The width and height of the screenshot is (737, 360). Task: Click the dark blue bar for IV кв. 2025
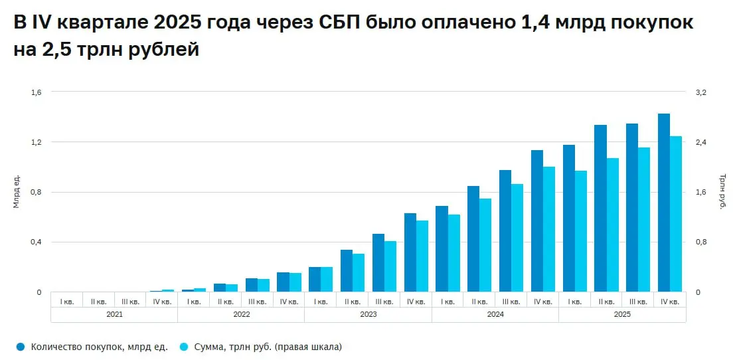click(x=664, y=203)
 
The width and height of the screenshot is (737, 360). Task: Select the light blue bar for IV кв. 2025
click(x=676, y=214)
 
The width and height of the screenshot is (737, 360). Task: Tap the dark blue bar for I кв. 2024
click(x=442, y=249)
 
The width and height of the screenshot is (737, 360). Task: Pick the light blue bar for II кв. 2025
click(x=612, y=225)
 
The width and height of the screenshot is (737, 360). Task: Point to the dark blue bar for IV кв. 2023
click(x=410, y=252)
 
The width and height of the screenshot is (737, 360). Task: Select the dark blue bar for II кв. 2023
click(x=347, y=271)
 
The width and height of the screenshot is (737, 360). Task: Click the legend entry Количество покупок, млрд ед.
click(x=92, y=347)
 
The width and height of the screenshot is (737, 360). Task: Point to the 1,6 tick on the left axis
click(x=36, y=92)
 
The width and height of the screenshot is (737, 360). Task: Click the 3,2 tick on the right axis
click(x=700, y=92)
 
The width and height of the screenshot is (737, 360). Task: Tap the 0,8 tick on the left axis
click(x=36, y=193)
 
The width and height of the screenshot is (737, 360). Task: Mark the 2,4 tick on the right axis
click(x=700, y=142)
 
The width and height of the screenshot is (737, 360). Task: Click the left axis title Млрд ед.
click(x=17, y=191)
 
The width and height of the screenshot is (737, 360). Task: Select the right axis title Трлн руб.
click(x=722, y=192)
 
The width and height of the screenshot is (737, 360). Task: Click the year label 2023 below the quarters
click(x=368, y=314)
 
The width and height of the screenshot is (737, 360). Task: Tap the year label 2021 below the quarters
click(x=114, y=314)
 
